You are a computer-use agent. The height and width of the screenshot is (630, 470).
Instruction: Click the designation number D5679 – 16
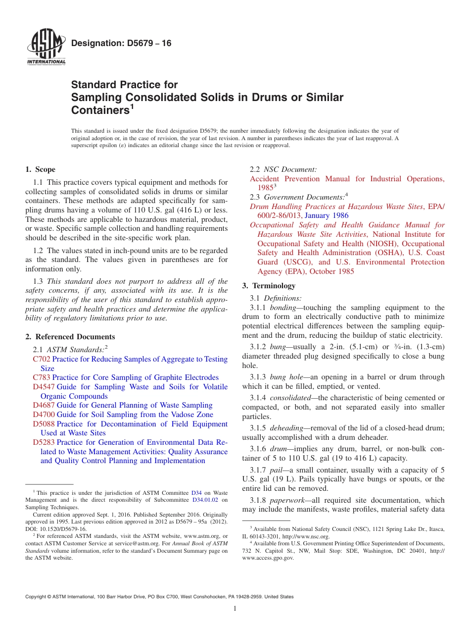(x=121, y=43)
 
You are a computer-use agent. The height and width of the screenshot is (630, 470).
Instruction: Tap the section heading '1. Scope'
(x=40, y=169)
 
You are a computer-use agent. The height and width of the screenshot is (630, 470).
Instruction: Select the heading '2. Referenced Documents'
(x=70, y=337)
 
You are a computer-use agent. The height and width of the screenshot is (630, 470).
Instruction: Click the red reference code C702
(x=42, y=359)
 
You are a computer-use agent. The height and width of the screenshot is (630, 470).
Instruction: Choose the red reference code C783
(x=42, y=377)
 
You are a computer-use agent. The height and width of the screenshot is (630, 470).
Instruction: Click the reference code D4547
(x=44, y=387)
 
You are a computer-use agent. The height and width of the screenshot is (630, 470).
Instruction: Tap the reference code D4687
(x=44, y=405)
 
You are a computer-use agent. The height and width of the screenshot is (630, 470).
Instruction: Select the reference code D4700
(x=44, y=415)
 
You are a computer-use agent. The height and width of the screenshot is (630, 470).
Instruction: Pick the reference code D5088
(x=44, y=424)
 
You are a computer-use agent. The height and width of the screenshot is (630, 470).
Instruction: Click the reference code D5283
(x=44, y=442)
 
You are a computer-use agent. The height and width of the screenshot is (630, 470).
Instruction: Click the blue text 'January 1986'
(x=327, y=215)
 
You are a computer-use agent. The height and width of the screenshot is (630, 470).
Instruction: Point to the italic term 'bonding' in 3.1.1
(x=282, y=308)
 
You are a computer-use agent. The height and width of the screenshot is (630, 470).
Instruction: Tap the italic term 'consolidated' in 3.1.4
(x=290, y=398)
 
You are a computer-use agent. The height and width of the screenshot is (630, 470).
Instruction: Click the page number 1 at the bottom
(x=235, y=609)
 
